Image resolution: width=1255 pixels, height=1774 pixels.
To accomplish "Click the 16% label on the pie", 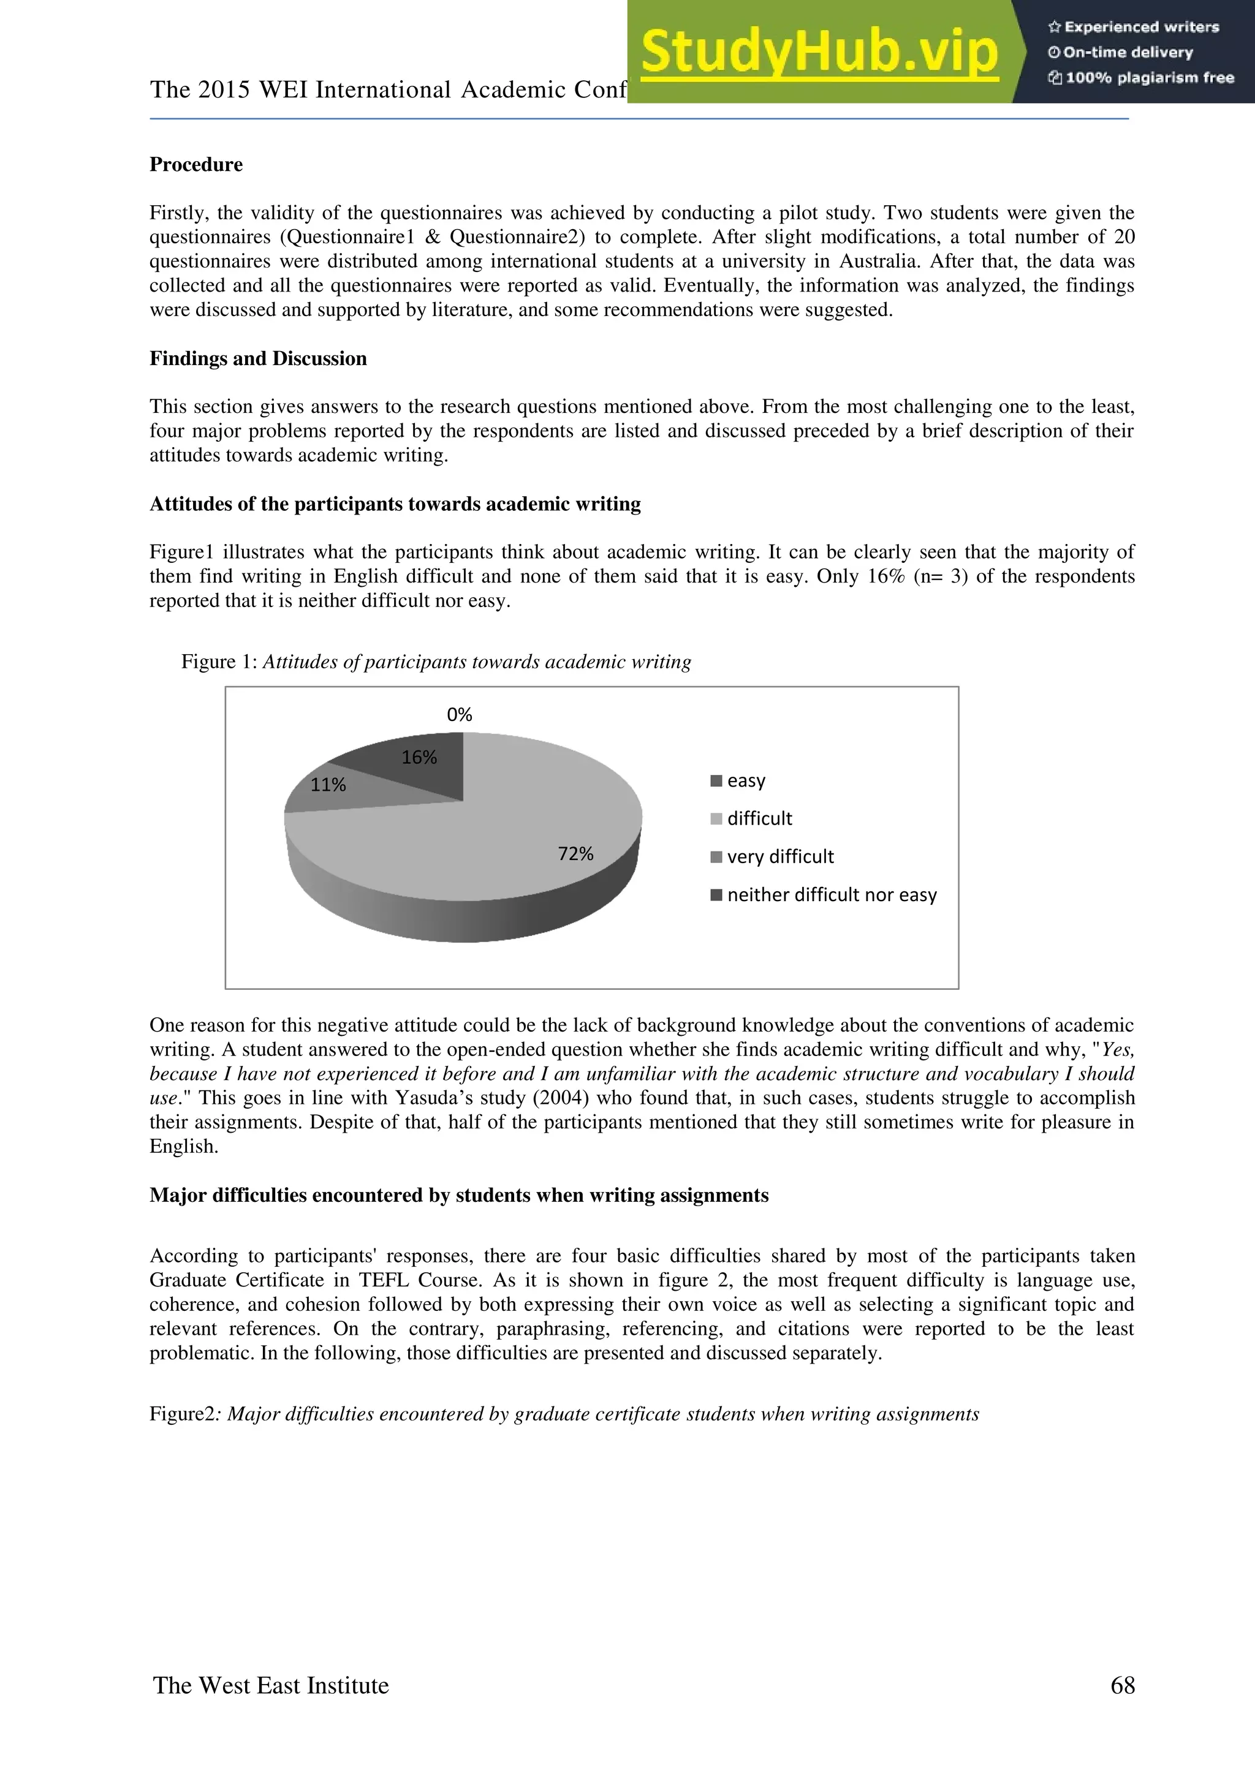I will pos(419,757).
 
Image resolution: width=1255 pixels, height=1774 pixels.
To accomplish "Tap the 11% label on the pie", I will pos(328,785).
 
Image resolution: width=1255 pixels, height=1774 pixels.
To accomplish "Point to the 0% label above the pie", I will pos(459,715).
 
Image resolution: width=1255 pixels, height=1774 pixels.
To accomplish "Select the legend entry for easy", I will pos(745,780).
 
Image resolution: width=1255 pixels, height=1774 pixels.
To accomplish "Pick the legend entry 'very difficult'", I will pos(779,857).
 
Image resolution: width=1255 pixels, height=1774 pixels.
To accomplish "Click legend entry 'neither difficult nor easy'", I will pos(831,895).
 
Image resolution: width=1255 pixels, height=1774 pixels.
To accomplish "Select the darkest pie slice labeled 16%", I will pos(433,777).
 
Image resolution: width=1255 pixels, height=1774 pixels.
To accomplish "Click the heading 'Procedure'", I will pos(195,165).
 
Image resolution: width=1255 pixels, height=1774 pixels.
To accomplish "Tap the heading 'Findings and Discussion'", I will pos(258,358).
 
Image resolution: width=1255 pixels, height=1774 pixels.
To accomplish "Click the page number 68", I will pos(1122,1685).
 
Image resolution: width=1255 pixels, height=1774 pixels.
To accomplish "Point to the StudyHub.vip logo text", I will pos(819,52).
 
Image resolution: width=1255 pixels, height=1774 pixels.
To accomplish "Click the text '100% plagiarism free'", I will pos(1148,77).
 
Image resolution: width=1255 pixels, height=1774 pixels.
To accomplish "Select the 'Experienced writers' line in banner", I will pos(1140,27).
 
